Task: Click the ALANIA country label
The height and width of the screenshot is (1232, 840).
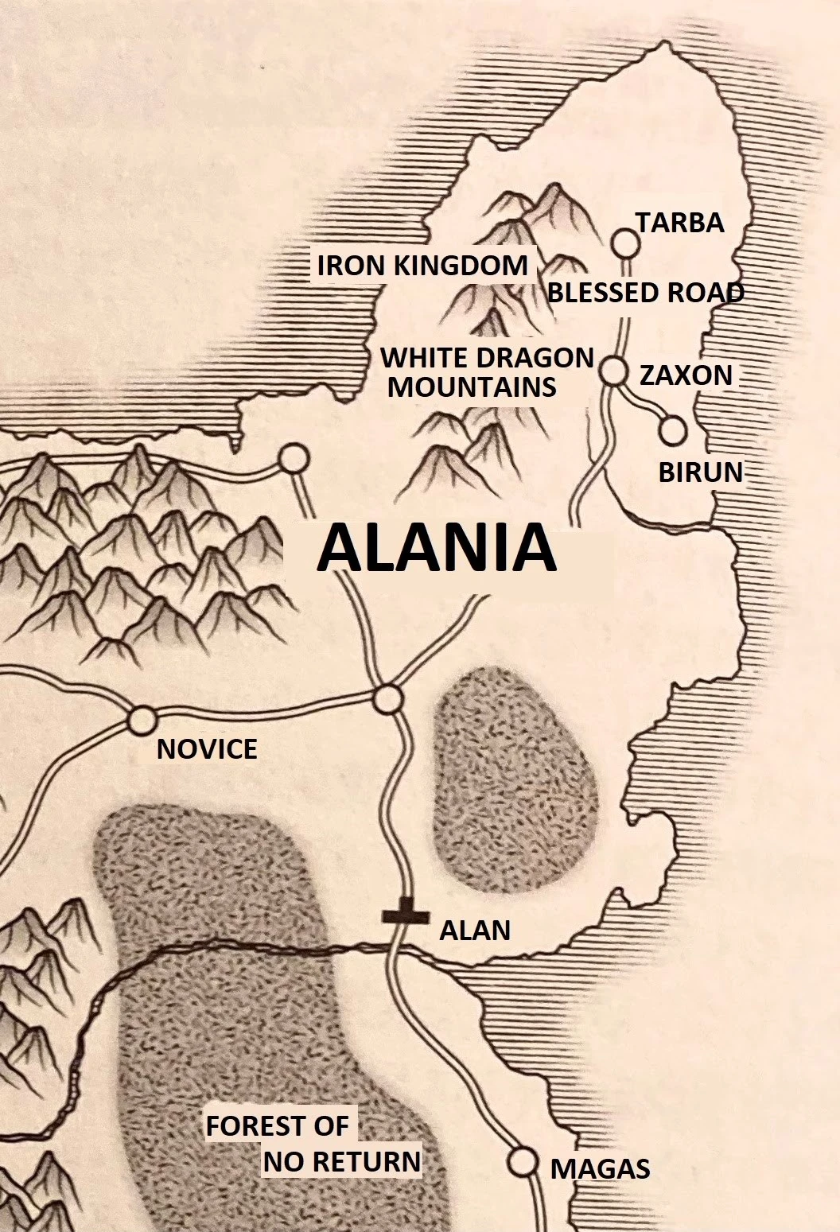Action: coord(436,549)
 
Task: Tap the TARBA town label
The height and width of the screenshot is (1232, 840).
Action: coord(679,223)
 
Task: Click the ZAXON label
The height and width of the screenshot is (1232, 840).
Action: coord(686,375)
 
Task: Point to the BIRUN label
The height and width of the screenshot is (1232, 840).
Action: coord(700,472)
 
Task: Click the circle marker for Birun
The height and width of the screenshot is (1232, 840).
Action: coord(673,430)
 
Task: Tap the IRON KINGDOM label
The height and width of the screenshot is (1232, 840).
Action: coord(422,266)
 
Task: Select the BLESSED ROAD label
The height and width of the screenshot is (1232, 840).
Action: coord(646,293)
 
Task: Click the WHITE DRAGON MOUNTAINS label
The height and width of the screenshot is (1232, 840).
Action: coord(486,372)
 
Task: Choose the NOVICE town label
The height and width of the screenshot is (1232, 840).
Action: coord(207,748)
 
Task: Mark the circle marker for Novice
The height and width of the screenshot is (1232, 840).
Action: coord(143,720)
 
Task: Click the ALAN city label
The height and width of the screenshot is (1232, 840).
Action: coord(475,930)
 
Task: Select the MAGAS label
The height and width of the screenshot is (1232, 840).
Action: coord(600,1168)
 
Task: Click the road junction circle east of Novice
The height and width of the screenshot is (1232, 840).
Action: coord(387,699)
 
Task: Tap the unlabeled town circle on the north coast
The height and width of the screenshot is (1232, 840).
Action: coord(294,458)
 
